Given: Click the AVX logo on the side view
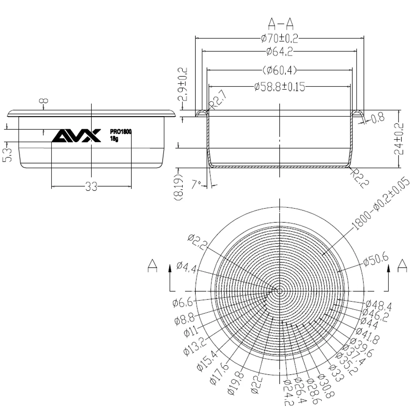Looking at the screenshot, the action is point(76,135).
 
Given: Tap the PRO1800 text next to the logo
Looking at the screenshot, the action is point(121,131).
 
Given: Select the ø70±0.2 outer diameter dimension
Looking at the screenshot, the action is point(280,38).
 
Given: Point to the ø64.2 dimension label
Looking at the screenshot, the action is point(280,51).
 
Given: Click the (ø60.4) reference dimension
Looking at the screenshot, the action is point(280,70).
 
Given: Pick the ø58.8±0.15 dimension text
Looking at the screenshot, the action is point(280,86).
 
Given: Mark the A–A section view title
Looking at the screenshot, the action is point(281,24).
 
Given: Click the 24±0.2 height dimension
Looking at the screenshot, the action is point(399,139).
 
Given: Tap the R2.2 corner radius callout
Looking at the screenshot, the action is point(360,178).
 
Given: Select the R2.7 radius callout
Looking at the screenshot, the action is point(218,100).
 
